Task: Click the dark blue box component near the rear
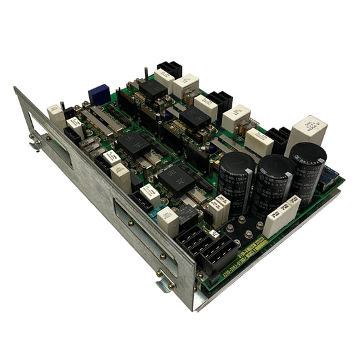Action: [x=99, y=94]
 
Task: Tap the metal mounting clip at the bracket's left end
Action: [x=34, y=143]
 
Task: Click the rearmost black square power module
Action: [x=153, y=88]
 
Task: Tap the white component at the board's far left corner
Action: [x=55, y=115]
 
